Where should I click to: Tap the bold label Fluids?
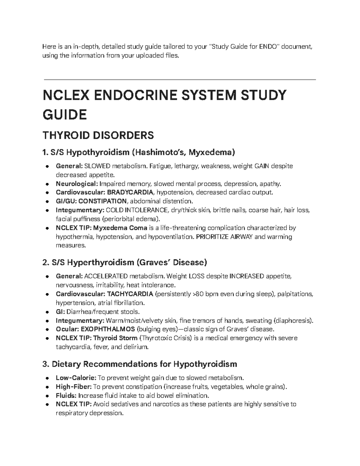click(x=66, y=395)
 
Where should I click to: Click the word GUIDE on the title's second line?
click(x=65, y=114)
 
